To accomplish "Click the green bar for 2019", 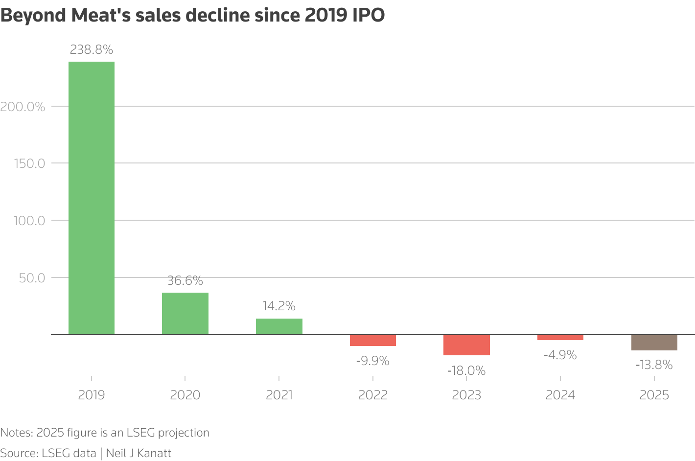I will [92, 198].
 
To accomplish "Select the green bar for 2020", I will [185, 313].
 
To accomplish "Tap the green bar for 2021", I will [279, 326].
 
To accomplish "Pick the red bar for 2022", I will [373, 341].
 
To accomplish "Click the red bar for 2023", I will [466, 345].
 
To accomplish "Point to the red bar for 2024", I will [560, 338].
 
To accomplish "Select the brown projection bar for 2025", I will [654, 343].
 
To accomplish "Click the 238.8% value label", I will [92, 50].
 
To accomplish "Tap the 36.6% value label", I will [185, 281].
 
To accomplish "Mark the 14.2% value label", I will [279, 306].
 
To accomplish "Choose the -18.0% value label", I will [466, 371].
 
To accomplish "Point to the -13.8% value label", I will [654, 365].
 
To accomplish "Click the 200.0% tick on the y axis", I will [23, 107].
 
